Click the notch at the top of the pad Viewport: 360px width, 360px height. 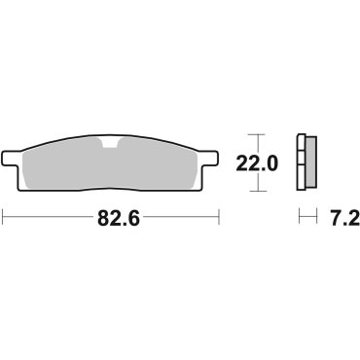115,147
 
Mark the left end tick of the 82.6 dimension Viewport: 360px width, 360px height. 5,219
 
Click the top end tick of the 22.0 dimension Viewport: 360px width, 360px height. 256,134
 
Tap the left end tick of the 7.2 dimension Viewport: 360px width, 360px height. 301,219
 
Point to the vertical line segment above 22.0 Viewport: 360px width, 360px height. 256,144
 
